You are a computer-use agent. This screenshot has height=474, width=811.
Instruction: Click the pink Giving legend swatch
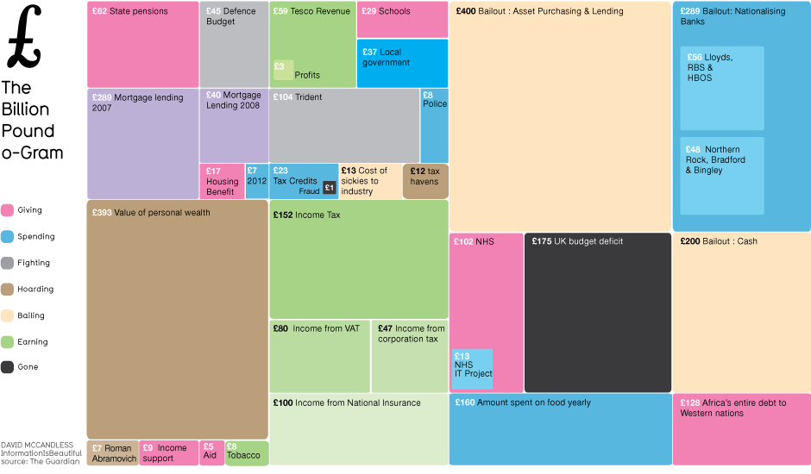point(8,210)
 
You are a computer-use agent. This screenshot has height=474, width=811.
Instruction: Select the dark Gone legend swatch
point(8,367)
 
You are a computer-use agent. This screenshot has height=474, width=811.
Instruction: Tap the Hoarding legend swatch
point(8,290)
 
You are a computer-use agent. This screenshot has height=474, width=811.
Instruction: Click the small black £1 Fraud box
point(329,188)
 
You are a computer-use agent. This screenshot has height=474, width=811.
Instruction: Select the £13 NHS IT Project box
point(473,369)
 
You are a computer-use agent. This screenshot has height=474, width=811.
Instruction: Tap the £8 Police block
point(434,126)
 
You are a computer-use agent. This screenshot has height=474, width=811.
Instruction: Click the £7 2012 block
point(257,181)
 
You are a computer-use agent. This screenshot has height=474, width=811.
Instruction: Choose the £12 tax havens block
point(424,181)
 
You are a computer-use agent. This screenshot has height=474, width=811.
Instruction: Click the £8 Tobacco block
point(247,452)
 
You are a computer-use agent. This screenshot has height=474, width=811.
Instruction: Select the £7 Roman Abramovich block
point(112,452)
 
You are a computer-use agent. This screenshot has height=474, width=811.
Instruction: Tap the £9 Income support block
point(169,452)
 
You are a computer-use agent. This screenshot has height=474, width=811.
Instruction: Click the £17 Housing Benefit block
point(222,181)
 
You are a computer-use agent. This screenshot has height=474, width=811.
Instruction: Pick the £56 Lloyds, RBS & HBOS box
point(721,88)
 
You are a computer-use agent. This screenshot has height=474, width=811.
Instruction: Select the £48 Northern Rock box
point(721,175)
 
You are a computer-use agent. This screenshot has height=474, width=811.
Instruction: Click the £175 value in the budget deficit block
point(541,241)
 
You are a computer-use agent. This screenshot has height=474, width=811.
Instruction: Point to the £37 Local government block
point(402,64)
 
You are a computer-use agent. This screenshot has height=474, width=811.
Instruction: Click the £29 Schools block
point(402,20)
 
